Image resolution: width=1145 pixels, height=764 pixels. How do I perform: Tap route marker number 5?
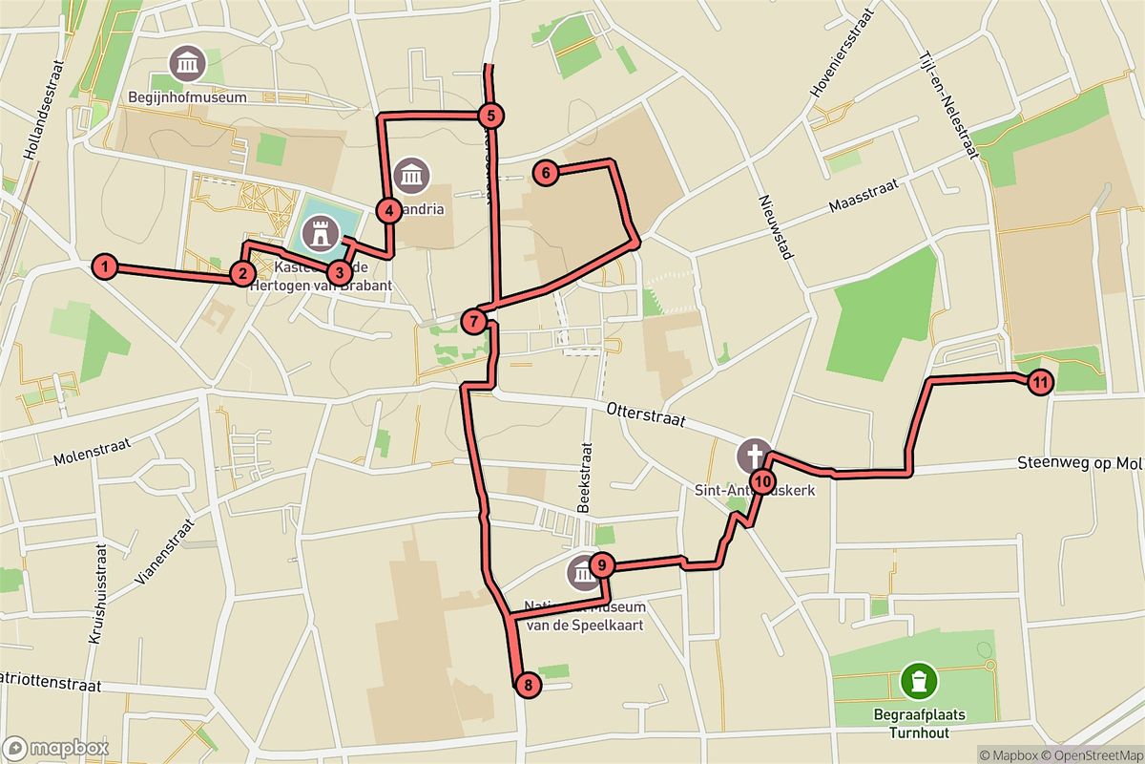pos(489,117)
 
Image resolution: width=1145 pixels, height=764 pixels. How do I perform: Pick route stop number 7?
pos(474,321)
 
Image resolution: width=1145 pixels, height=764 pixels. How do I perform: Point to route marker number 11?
pos(1040,383)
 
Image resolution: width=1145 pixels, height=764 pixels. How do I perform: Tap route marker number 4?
pos(388,210)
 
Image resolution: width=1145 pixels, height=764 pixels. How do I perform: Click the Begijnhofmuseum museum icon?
pos(186,65)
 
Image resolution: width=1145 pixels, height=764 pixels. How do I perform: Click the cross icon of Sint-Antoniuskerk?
pos(755,456)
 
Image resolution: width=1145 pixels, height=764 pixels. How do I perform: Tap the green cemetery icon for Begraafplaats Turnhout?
pos(918,682)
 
